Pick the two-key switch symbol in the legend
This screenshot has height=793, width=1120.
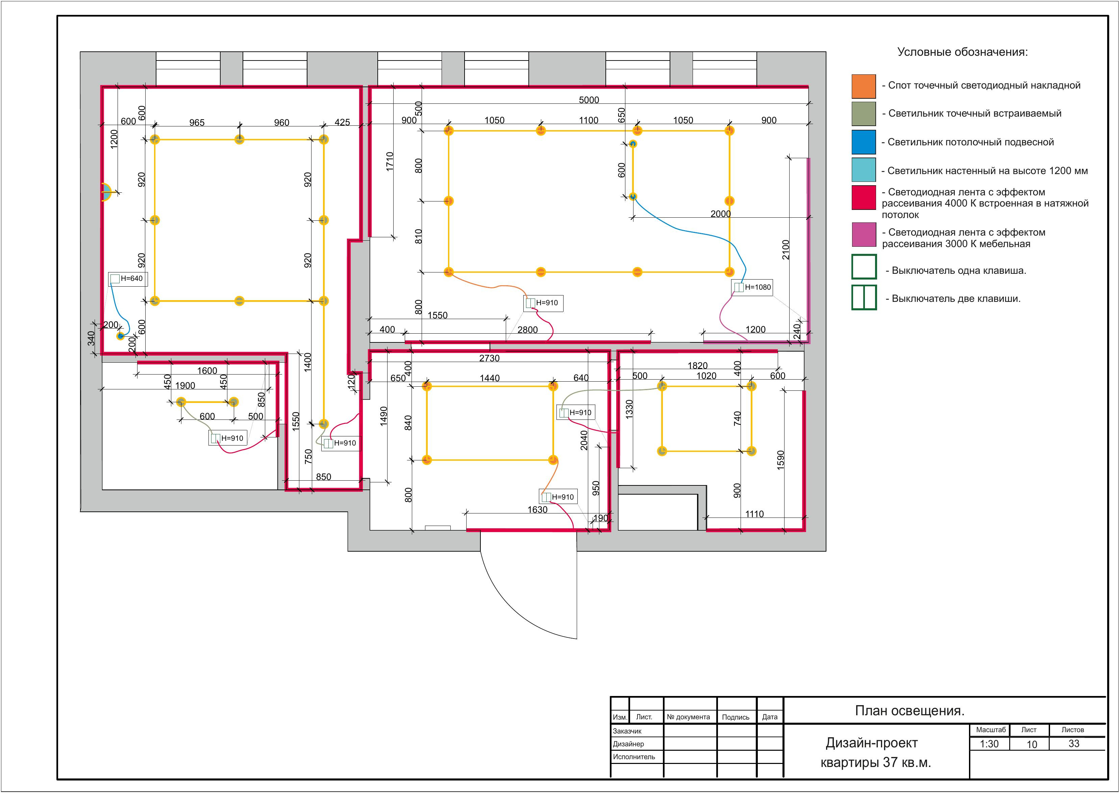tap(864, 298)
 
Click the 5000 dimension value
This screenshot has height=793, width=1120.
tap(589, 100)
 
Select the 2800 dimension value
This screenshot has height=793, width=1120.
tap(527, 330)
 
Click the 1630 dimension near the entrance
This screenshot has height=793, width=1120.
tap(537, 510)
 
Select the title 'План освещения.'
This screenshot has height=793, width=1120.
tap(910, 711)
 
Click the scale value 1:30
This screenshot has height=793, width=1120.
tap(989, 744)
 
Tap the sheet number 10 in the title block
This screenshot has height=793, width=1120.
tap(1032, 745)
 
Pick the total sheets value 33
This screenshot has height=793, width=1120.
tap(1074, 744)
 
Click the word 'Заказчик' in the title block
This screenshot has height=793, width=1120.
tap(627, 731)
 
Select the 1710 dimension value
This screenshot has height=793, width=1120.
tap(390, 162)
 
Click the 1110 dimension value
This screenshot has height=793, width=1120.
tap(754, 514)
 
